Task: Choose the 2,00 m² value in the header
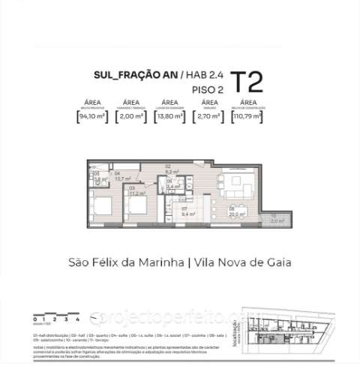tap(131, 117)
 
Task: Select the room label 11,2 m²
tap(136, 192)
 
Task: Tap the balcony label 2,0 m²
tap(273, 221)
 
